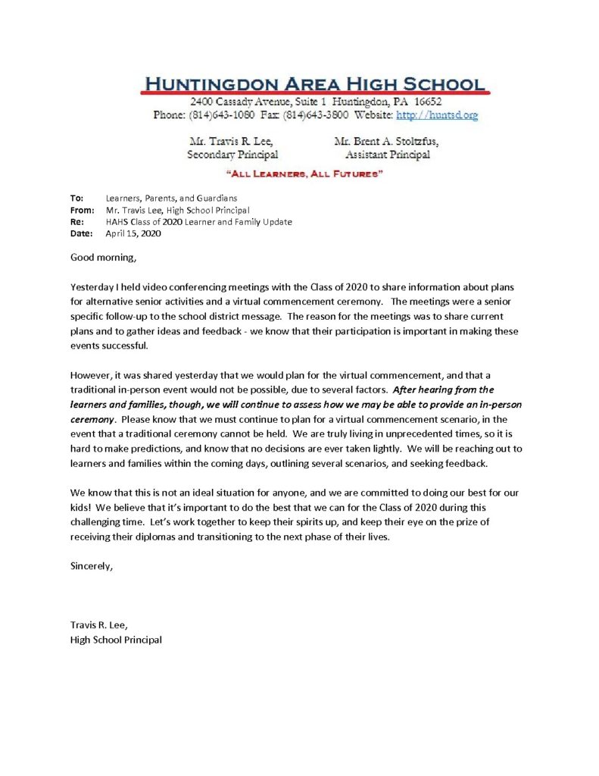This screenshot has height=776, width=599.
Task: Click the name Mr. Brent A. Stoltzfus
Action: pos(385,141)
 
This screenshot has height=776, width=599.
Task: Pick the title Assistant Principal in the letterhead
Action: pos(387,155)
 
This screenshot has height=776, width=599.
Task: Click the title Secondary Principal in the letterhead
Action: pos(232,155)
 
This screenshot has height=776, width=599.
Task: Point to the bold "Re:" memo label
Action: pos(77,222)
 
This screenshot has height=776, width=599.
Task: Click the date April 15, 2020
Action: pos(133,233)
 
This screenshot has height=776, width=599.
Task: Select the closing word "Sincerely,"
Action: pos(92,565)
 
